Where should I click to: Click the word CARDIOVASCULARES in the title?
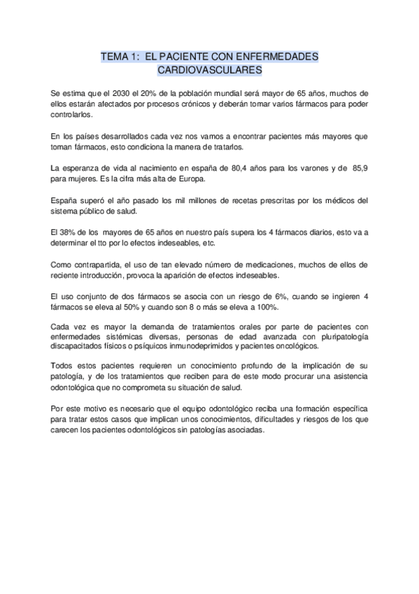coord(209,70)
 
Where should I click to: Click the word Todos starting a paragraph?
coord(64,367)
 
